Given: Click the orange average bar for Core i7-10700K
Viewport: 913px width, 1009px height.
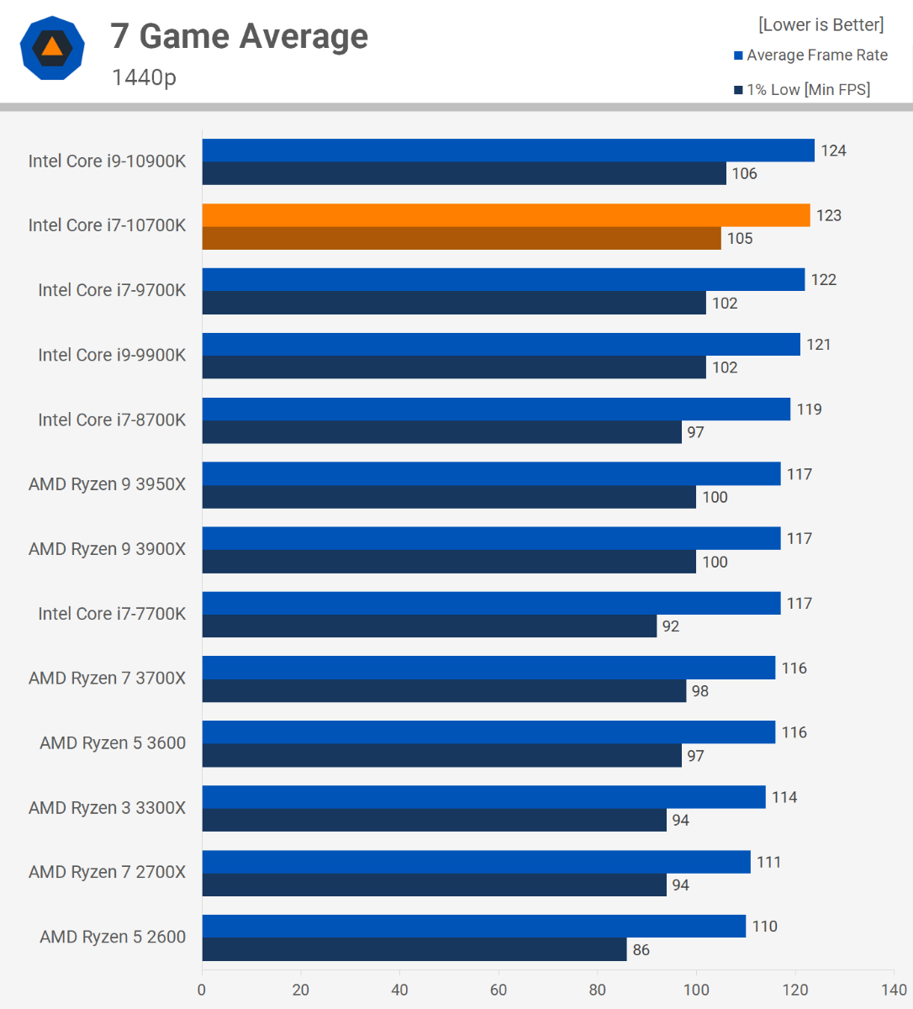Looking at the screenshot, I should [x=506, y=215].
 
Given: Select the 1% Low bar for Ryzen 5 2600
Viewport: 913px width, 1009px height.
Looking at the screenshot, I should [x=414, y=949].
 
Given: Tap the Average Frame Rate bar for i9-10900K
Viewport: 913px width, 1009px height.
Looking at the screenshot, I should [x=509, y=151].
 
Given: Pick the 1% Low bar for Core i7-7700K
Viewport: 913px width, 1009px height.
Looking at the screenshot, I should [x=430, y=626].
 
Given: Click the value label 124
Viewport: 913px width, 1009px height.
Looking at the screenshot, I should [x=834, y=151].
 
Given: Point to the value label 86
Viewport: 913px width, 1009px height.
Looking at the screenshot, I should [x=641, y=949].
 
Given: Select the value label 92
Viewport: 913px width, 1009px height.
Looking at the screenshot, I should [x=671, y=626].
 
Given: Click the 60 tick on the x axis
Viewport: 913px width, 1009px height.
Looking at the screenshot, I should [x=499, y=990].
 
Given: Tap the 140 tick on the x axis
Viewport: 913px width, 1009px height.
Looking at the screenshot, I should [x=894, y=990].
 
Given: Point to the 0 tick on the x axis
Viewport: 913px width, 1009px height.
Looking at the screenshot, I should [x=202, y=990].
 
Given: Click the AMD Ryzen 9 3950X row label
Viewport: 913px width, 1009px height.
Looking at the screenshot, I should [x=107, y=484].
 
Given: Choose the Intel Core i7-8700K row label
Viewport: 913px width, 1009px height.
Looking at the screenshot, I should [x=112, y=420].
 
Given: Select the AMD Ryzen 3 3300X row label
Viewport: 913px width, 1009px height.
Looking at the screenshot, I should [x=107, y=808].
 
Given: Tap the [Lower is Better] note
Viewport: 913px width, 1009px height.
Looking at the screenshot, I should [x=821, y=25].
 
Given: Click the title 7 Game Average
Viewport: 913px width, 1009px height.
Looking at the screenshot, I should [x=240, y=37].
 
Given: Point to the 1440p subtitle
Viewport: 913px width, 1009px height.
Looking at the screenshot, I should [x=144, y=77].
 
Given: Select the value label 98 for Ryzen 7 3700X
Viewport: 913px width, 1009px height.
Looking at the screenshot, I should [x=700, y=691].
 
